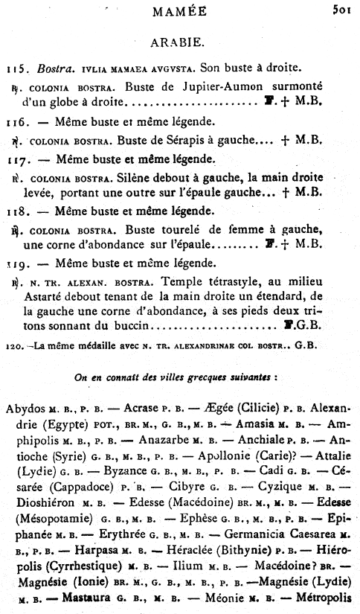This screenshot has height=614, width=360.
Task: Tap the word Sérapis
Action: click(193, 139)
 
